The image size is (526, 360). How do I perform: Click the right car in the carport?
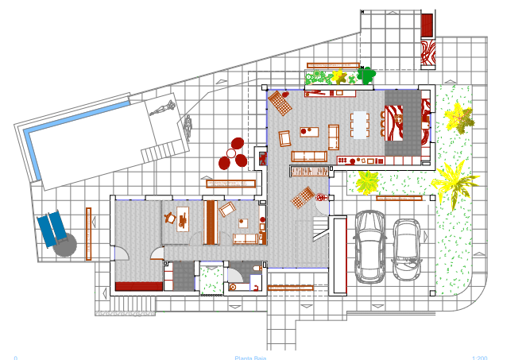coord(407,250)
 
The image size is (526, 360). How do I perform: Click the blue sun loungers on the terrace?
coord(52,229)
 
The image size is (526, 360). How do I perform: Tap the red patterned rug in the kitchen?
coord(396,124)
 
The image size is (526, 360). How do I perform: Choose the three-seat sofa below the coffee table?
coord(308,156)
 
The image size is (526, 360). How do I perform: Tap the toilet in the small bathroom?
coord(254,270)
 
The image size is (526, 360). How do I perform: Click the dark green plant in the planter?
coord(365,75)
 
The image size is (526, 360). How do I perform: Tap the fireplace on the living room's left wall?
coord(261,157)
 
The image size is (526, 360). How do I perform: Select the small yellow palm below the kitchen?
coord(367,182)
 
